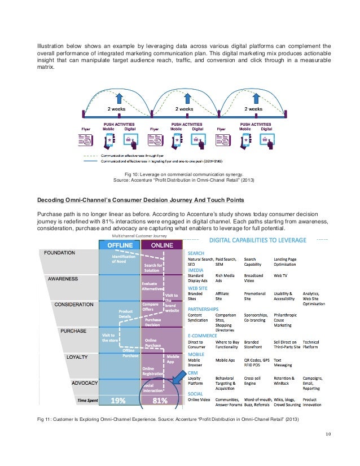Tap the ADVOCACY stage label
pyautogui.click(x=85, y=383)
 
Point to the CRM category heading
pyautogui.click(x=193, y=373)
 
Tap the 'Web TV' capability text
pyautogui.click(x=281, y=275)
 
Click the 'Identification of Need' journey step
pyautogui.click(x=121, y=259)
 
